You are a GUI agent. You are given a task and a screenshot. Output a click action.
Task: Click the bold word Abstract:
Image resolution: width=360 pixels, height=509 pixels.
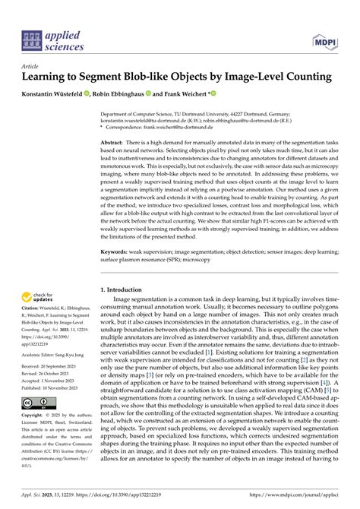115,141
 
